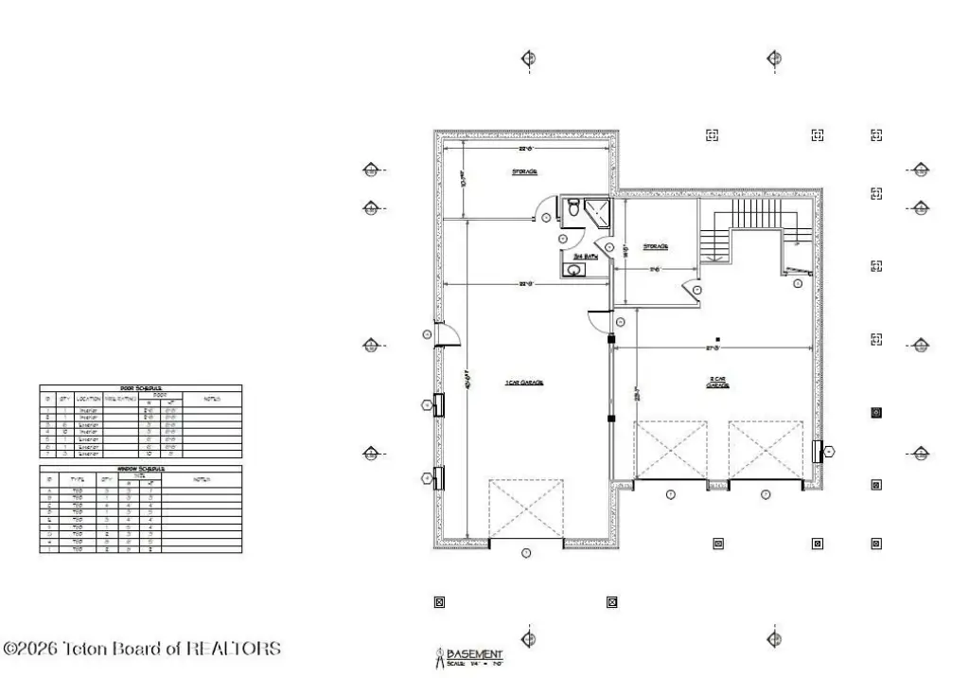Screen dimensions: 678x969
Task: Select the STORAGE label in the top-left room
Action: tap(525, 171)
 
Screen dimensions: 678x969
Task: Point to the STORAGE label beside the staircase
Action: tap(656, 246)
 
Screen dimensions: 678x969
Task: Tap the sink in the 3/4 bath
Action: tap(574, 270)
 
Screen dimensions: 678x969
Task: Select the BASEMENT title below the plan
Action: tap(475, 654)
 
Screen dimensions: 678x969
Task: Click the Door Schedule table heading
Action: tap(140, 388)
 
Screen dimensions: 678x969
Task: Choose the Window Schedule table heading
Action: tap(140, 468)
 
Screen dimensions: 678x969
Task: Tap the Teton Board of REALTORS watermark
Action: tap(143, 649)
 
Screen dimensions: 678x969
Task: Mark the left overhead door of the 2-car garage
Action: tap(671, 452)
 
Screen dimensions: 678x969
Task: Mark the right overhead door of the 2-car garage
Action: tap(766, 452)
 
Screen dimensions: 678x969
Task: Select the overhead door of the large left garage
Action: tap(526, 512)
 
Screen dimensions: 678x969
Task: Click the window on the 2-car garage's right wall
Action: tap(817, 452)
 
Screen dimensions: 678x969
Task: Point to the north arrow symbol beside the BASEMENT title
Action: tap(439, 656)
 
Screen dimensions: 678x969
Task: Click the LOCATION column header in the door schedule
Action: tap(89, 399)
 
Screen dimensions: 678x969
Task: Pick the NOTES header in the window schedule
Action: tap(202, 478)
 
